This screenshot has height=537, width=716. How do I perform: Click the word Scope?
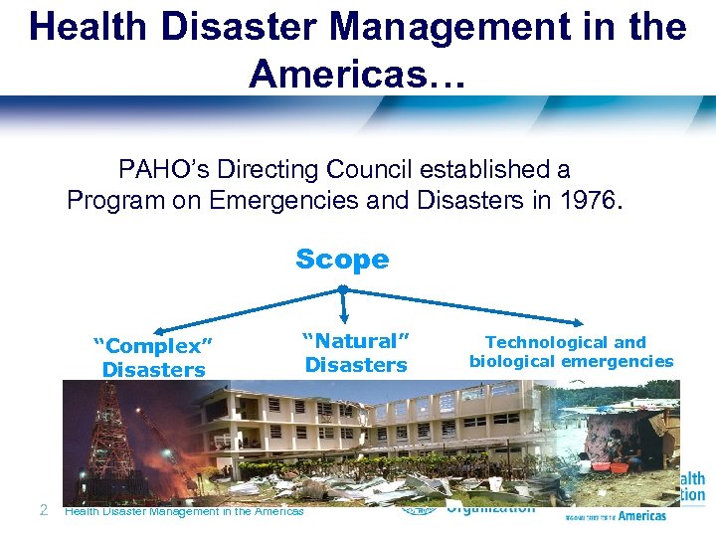pos(342,260)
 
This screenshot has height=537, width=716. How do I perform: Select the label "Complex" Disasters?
pos(154,358)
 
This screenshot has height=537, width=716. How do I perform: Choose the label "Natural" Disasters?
pos(356,353)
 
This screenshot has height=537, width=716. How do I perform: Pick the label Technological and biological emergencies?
pos(571,352)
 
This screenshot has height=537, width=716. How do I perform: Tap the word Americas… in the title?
pos(357,72)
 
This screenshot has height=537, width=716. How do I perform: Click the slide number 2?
pos(43,510)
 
